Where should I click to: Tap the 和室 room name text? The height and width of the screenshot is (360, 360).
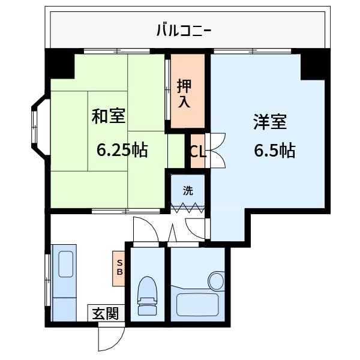108,116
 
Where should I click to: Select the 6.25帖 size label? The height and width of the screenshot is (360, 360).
122,150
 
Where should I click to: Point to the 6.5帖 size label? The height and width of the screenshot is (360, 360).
274,151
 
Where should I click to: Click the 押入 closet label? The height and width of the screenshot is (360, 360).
184,93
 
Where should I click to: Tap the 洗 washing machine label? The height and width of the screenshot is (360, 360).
188,192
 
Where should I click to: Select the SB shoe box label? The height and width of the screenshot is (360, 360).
119,268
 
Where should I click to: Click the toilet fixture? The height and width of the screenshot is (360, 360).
146,296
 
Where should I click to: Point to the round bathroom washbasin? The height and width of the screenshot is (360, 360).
215,280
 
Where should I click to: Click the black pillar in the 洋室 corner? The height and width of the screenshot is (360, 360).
313,66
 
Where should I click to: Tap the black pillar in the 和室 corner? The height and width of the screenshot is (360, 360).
61,65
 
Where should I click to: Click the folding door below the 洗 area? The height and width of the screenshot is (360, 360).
188,208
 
